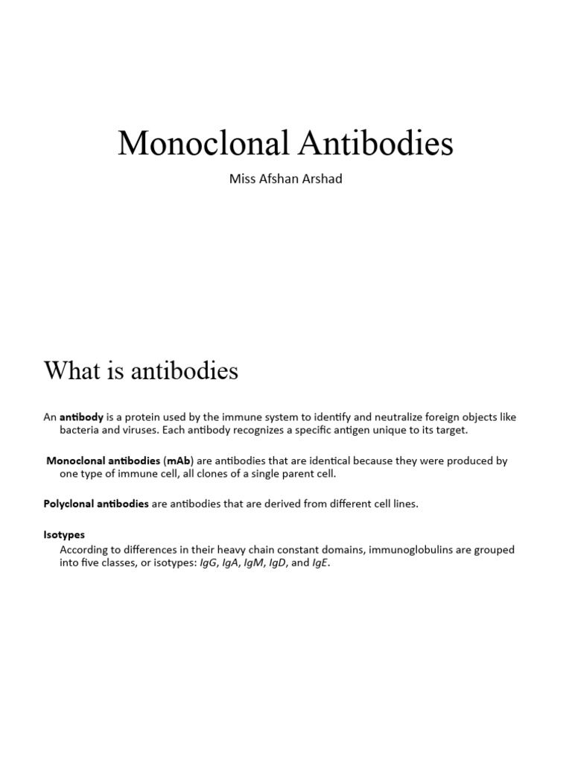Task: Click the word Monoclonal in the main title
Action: [203, 143]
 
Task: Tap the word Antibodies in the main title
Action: [375, 143]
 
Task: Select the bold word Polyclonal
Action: [68, 504]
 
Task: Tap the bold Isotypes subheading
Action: [64, 534]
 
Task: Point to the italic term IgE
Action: [319, 563]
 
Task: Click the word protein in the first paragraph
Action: [149, 417]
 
